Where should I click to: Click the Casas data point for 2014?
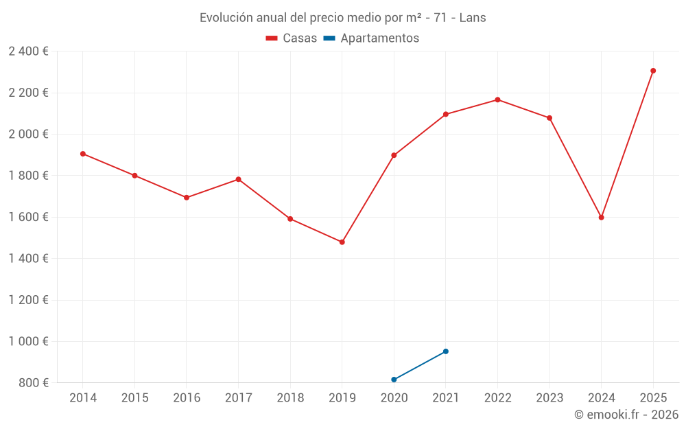coord(83,154)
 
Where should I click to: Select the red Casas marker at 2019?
coord(342,242)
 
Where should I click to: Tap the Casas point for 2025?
coord(653,71)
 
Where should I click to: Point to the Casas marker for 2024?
coord(602,218)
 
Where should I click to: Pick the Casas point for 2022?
coord(498,100)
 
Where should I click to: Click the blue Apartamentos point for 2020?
coord(394,380)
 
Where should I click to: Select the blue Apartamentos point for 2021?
coord(446,351)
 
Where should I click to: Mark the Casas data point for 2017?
coord(239,179)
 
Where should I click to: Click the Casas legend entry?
coord(292,38)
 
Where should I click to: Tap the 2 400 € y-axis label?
coord(28,51)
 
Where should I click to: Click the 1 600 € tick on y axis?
coord(28,217)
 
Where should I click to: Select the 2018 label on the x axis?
coord(290,398)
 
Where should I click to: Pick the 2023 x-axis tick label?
coord(549,398)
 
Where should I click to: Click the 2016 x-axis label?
coord(187,398)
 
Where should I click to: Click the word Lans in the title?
coord(473,18)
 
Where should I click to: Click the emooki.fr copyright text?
coord(626,415)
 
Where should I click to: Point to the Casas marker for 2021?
coord(446,115)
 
